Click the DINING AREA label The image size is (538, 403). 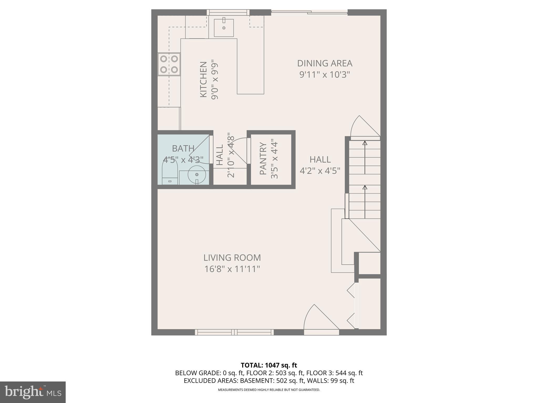click(x=325, y=63)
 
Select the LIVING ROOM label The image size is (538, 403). click(x=232, y=258)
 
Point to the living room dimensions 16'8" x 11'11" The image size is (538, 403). click(x=232, y=269)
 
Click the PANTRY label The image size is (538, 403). click(x=263, y=158)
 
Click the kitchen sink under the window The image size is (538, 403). click(x=224, y=28)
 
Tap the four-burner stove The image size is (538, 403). click(x=169, y=64)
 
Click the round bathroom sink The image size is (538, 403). click(x=197, y=174)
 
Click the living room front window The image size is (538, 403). click(x=234, y=332)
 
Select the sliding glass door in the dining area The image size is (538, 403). click(x=309, y=12)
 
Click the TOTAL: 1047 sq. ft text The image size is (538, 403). click(x=269, y=365)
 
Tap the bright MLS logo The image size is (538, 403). click(x=33, y=392)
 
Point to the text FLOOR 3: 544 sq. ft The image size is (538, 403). click(x=334, y=373)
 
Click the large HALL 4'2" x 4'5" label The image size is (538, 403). click(x=320, y=165)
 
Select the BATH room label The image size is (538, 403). click(x=183, y=149)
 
